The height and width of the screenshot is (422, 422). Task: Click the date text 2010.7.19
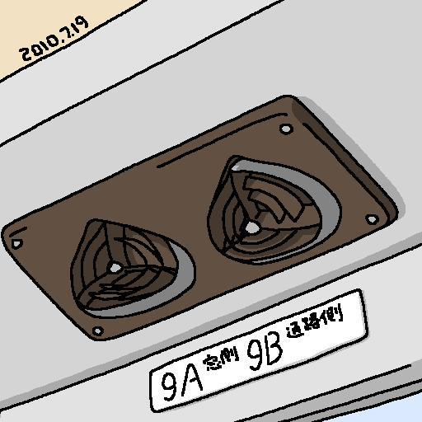54,39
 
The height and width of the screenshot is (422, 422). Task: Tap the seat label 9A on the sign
182,382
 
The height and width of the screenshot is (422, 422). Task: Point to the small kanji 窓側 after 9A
221,359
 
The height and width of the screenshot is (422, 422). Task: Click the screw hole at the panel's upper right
286,129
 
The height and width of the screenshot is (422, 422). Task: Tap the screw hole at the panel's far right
372,219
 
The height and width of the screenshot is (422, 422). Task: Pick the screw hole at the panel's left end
16,244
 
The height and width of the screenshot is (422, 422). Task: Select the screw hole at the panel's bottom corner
98,331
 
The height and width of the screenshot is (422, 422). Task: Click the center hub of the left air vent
115,267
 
